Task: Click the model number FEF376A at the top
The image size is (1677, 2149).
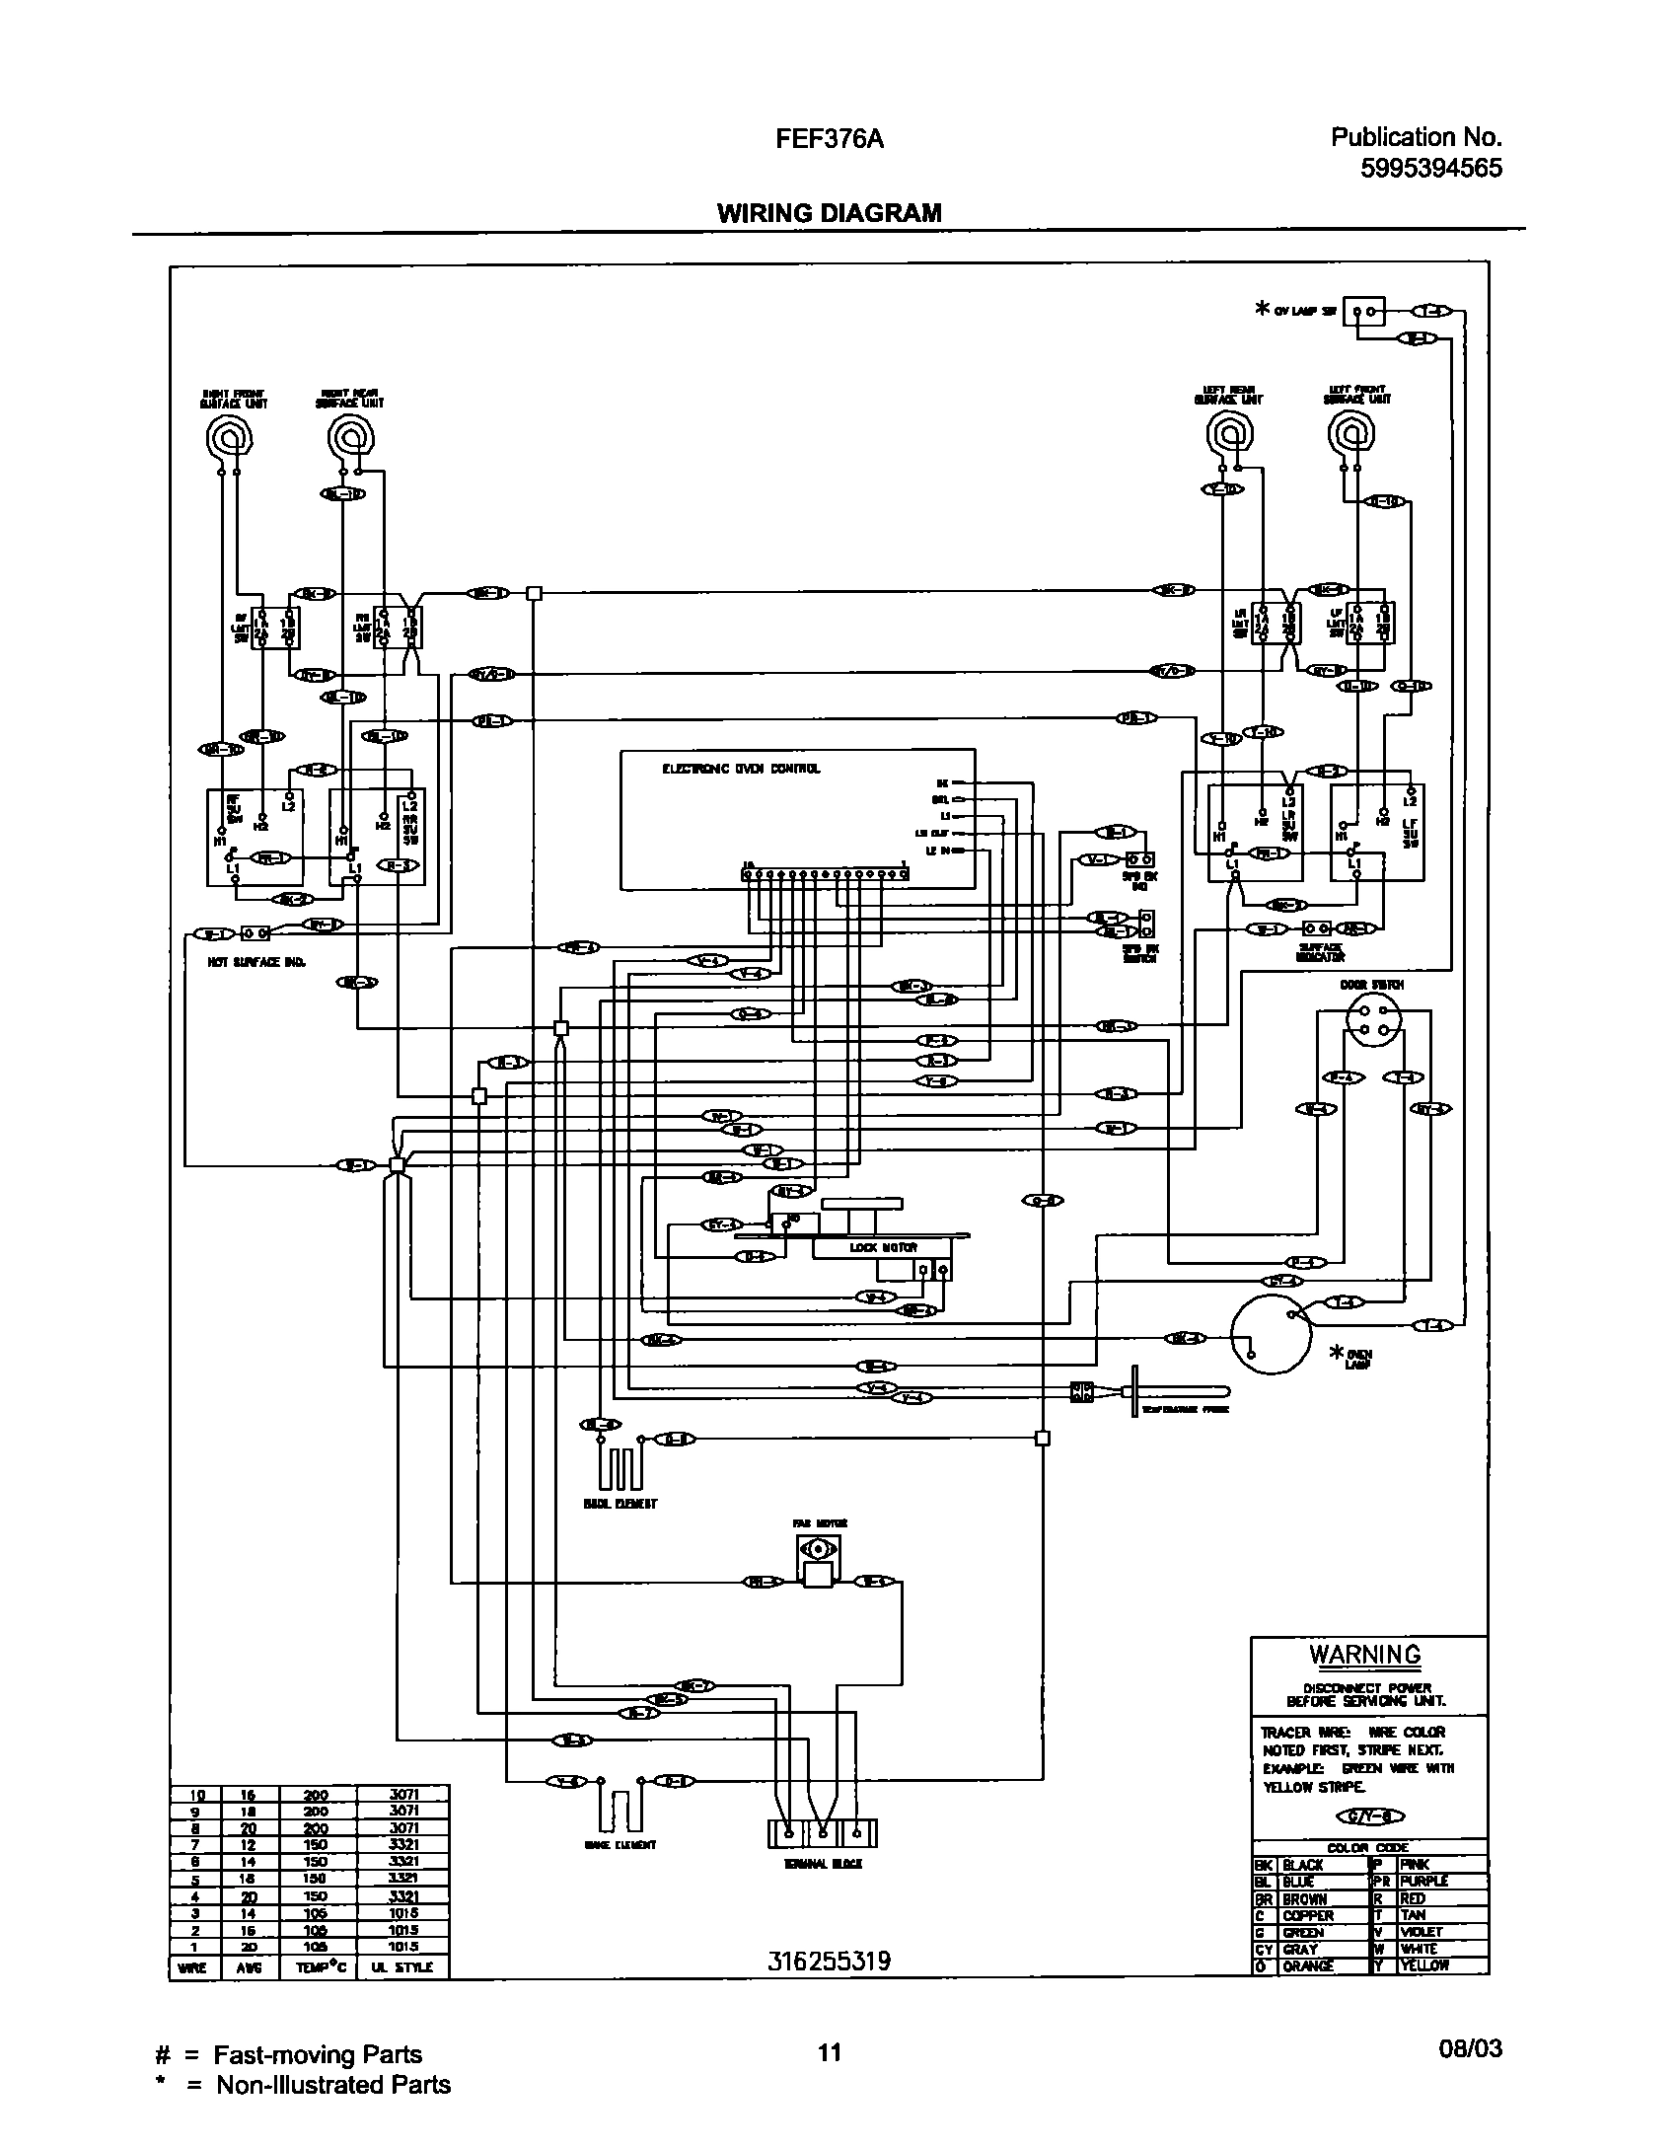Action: tap(829, 139)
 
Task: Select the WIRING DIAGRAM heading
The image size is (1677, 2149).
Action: tap(829, 213)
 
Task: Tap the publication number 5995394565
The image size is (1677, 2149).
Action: tap(1430, 169)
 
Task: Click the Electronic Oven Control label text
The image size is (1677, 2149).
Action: tap(741, 769)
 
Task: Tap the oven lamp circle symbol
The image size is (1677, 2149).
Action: tap(1272, 1334)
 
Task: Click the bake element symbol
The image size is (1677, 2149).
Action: tap(619, 1810)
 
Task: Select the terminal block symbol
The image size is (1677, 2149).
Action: tap(822, 1832)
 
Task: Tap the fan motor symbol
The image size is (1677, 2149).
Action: tap(818, 1559)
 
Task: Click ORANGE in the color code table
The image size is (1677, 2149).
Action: tap(1307, 1965)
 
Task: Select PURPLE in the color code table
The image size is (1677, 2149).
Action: tap(1423, 1882)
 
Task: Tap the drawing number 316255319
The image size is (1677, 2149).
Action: tap(829, 1962)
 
